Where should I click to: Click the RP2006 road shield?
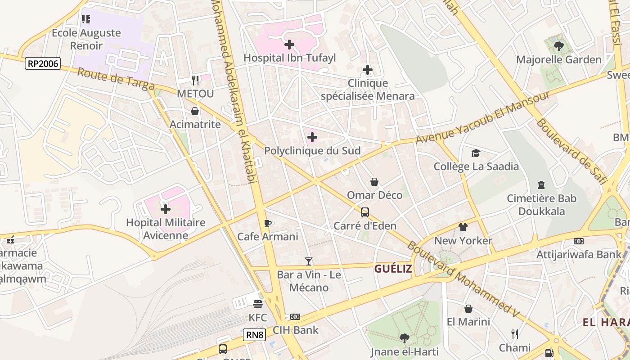43,63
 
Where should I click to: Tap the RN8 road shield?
255,335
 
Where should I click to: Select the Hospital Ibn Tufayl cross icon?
289,45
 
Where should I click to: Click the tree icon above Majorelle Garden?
558,46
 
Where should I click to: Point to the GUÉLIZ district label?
393,269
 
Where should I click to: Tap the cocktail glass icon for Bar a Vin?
309,261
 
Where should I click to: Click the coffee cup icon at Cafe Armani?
268,223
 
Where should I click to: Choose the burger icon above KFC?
257,304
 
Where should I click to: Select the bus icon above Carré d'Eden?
365,212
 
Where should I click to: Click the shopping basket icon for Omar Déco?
374,182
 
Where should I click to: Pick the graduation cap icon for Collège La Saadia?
476,153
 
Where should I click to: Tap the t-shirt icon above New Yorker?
463,227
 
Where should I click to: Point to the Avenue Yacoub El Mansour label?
482,117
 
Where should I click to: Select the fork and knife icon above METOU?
195,80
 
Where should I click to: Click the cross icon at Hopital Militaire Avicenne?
166,209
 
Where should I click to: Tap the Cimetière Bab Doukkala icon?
541,185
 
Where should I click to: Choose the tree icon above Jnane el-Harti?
404,338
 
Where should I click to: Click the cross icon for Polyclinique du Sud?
312,137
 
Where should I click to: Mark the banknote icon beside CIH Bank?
295,317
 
